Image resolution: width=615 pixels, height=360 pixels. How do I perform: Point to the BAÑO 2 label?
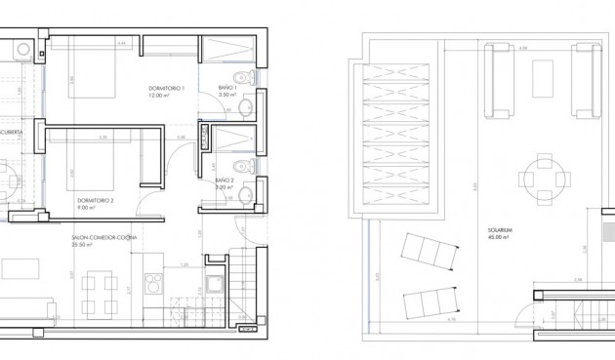pos(225,180)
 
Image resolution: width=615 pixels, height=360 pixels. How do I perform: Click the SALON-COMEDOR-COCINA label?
pos(104,237)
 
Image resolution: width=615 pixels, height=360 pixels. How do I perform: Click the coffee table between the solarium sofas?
pos(543,74)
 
